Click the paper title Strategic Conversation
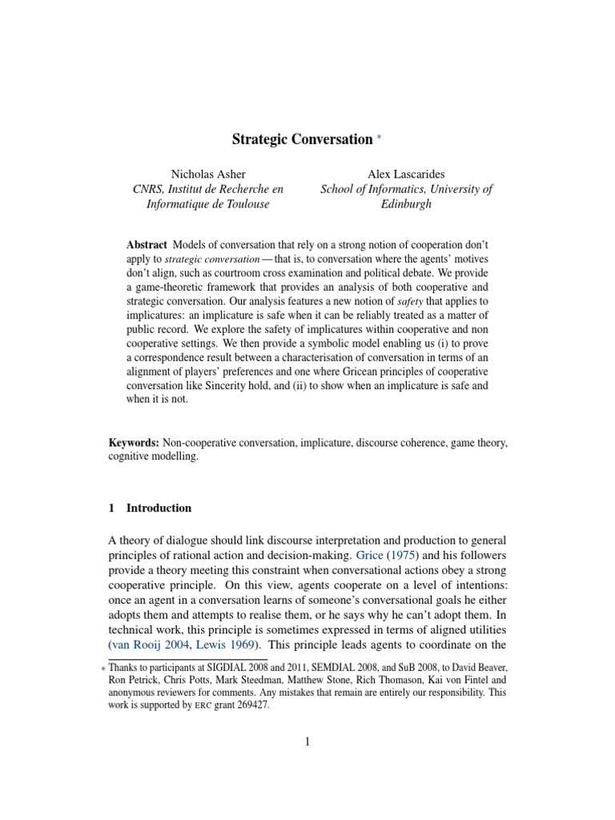[x=302, y=139]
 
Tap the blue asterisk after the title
[x=380, y=139]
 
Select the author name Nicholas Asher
[x=208, y=174]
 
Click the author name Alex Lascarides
[x=407, y=174]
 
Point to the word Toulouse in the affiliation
[x=244, y=203]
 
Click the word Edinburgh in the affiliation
[x=406, y=203]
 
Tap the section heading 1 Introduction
[x=150, y=508]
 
